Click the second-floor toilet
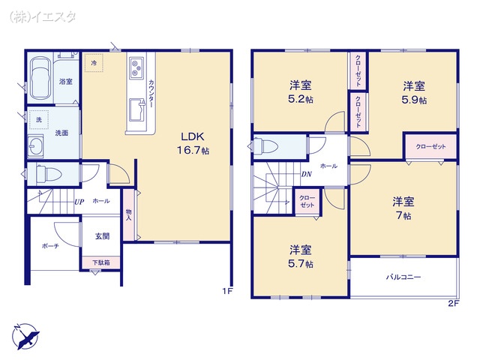(270, 145)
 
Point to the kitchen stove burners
(136, 69)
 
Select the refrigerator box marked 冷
(94, 64)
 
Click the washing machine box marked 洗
(39, 119)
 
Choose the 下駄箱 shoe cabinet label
(101, 262)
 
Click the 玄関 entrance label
(102, 235)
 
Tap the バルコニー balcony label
(403, 277)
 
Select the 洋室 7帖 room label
(403, 208)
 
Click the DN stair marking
(306, 175)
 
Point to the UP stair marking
(78, 201)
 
